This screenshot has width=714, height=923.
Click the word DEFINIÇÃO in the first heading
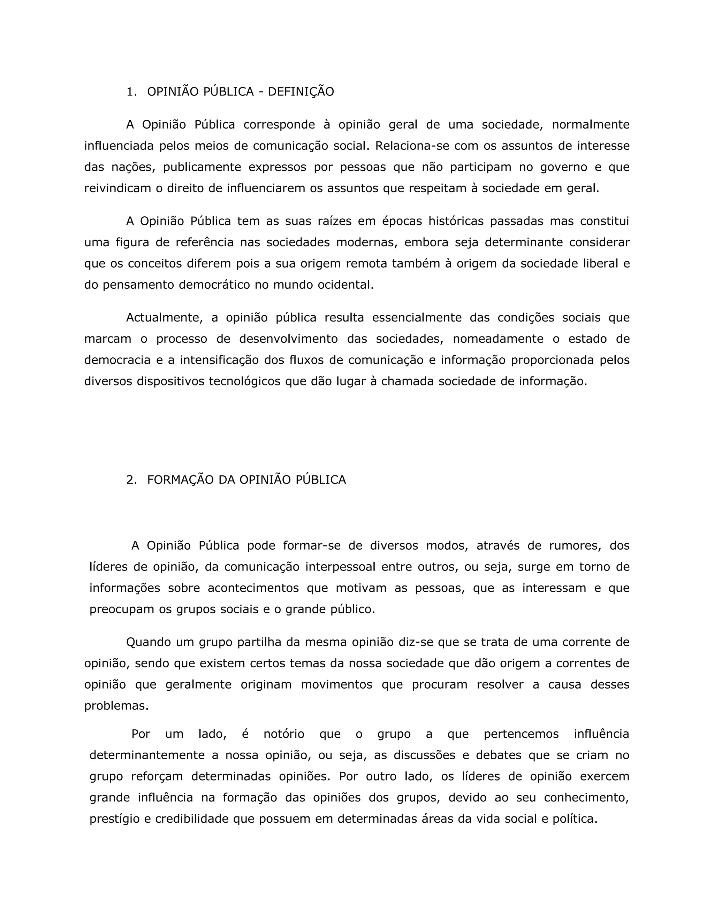[x=301, y=92]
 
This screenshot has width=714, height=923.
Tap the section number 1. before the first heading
[x=131, y=92]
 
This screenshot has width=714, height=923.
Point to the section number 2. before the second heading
[x=131, y=480]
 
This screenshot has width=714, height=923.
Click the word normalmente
[x=591, y=125]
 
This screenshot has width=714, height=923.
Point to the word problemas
[x=116, y=706]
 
